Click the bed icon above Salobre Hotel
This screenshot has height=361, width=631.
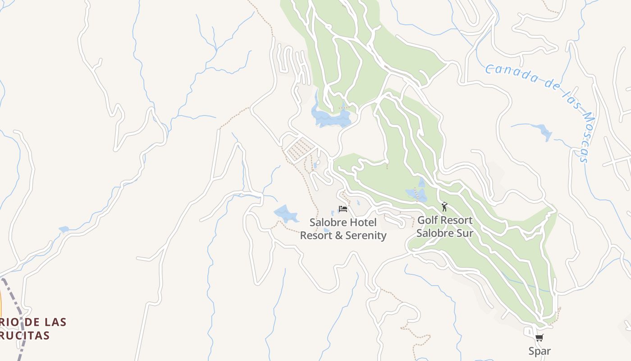point(343,209)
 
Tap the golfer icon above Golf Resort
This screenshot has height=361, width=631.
point(445,207)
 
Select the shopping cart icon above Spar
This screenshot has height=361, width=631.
point(539,338)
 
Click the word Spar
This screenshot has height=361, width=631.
point(540,351)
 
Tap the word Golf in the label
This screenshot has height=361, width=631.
point(427,220)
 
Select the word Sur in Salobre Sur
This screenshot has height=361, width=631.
point(464,233)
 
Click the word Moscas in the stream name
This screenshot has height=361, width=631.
point(582,135)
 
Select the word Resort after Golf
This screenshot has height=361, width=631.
point(456,220)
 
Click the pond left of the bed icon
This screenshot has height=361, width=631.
point(285,213)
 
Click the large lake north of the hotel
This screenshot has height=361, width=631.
point(331,117)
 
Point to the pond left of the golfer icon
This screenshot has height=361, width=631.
point(417,194)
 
